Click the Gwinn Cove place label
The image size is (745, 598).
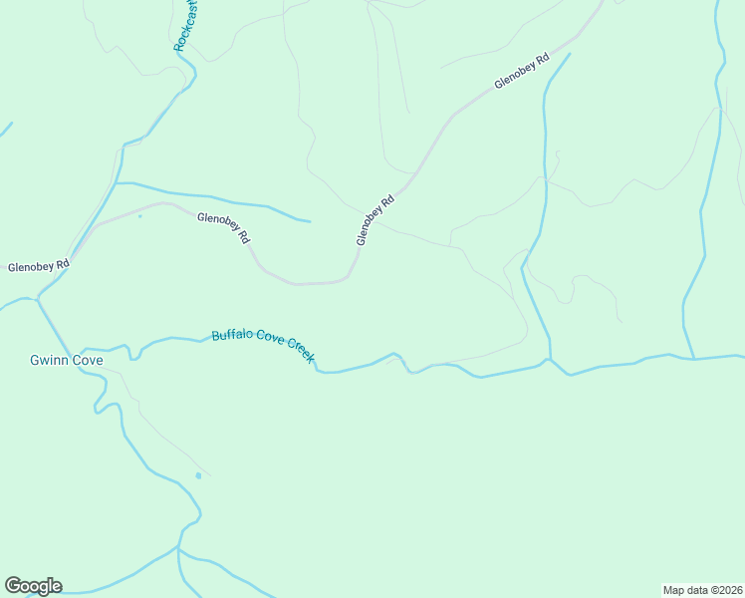point(66,360)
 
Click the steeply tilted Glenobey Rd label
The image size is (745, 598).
point(375,220)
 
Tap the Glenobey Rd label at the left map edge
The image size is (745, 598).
point(38,266)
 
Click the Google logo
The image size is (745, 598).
point(33,586)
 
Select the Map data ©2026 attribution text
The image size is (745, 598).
point(702,590)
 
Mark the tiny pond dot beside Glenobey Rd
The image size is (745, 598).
point(139,215)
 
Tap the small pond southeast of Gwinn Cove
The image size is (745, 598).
point(198,475)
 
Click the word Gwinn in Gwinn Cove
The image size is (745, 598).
point(49,360)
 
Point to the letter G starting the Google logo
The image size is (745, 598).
point(12,586)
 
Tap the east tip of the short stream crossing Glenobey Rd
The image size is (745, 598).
point(310,221)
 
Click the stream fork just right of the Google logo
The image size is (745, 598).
point(178,548)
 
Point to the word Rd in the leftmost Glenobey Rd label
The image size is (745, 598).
point(62,265)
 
